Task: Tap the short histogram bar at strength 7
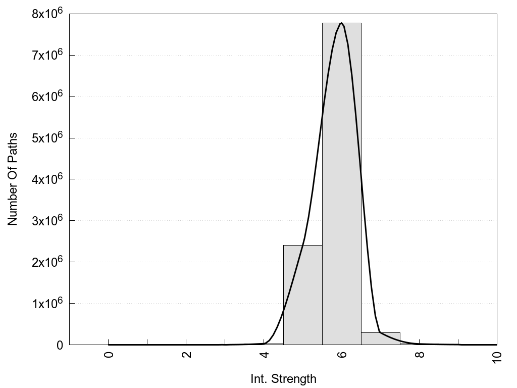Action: pos(380,338)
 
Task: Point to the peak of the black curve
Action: pos(342,23)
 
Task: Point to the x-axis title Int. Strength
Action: pos(283,379)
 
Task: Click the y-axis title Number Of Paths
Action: pos(13,179)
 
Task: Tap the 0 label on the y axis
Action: pos(59,345)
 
